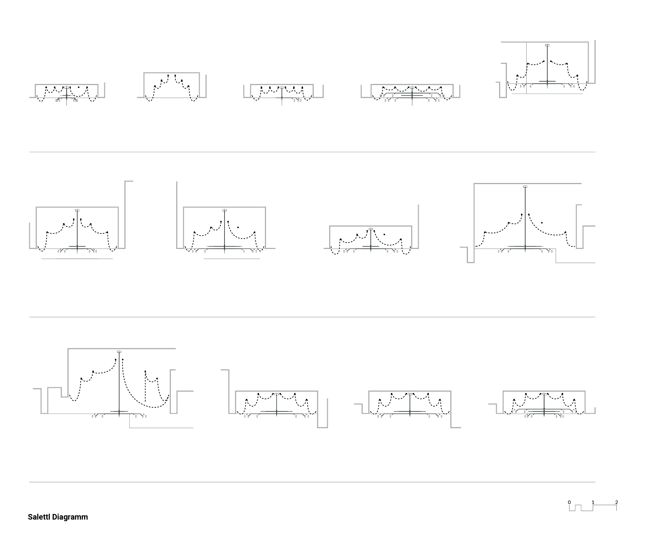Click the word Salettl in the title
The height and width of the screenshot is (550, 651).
point(39,517)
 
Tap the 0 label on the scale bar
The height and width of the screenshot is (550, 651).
point(569,502)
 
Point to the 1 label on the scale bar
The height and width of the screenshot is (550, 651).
point(593,502)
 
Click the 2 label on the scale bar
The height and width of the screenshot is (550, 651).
point(617,502)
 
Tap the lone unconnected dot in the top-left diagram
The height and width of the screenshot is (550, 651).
point(79,87)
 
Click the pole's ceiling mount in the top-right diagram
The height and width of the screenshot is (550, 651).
point(547,45)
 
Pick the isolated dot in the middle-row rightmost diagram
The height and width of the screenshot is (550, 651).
point(542,223)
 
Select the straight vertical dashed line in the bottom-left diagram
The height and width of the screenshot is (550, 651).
point(145,387)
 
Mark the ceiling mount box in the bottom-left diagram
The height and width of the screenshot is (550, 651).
point(119,352)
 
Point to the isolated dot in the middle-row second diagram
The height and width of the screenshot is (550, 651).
point(238,227)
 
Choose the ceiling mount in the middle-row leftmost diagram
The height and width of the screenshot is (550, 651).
point(77,210)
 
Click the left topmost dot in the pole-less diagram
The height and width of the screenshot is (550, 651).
point(168,75)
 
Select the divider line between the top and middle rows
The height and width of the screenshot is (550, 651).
point(312,152)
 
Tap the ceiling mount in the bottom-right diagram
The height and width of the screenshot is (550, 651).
point(544,394)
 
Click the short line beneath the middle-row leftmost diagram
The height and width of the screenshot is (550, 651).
point(77,259)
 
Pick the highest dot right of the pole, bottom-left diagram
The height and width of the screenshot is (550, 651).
point(123,359)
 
